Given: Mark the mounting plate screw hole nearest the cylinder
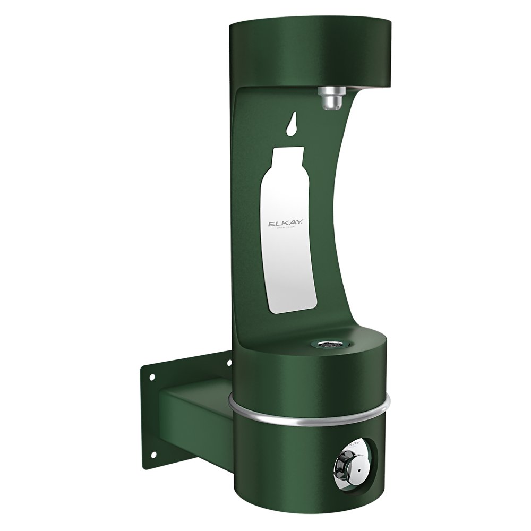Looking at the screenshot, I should (229, 363).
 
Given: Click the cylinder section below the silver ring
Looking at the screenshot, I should (297, 457).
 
